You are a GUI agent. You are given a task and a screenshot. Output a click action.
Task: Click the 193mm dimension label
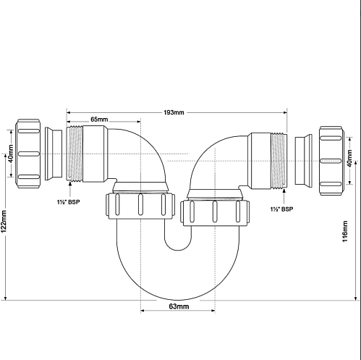[x=174, y=112]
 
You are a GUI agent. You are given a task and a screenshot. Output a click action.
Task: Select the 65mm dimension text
[x=99, y=120]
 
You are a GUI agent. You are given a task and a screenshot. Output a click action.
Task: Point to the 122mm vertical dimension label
[x=4, y=222]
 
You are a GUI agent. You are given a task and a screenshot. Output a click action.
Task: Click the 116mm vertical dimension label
[x=345, y=231]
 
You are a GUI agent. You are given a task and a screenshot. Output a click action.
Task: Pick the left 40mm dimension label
[x=11, y=154]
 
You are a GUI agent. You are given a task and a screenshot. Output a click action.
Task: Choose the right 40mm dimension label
[x=349, y=158]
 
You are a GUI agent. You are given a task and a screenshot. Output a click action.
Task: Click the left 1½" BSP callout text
[x=68, y=202]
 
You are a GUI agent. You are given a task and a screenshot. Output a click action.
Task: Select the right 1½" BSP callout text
[x=281, y=209]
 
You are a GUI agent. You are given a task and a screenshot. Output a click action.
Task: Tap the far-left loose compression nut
[x=28, y=154]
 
